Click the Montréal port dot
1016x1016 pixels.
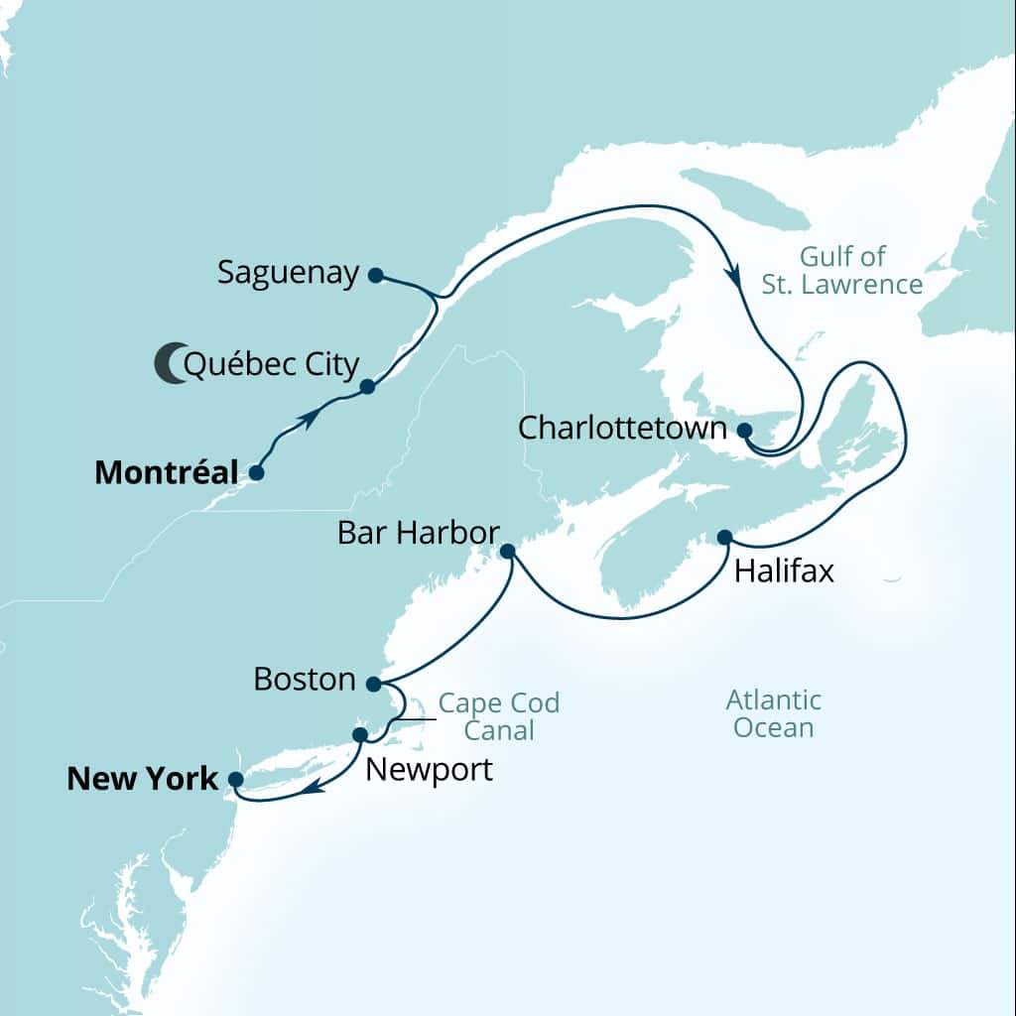coord(256,473)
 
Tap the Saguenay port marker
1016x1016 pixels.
coord(375,276)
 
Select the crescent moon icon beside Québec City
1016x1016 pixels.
coord(171,363)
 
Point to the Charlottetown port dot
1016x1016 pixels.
coord(745,430)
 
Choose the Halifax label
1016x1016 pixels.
coord(784,572)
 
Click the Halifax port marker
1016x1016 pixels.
coord(724,537)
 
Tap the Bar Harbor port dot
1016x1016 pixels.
coord(507,550)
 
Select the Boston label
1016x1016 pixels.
coord(305,680)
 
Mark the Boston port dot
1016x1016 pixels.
coord(373,684)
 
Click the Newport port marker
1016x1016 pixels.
coord(360,734)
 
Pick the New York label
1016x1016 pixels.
coord(142,779)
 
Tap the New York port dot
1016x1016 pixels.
coord(235,779)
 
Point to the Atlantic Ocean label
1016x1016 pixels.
coord(774,713)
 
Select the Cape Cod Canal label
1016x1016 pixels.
coord(499,717)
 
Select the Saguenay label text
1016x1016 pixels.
coord(289,273)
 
